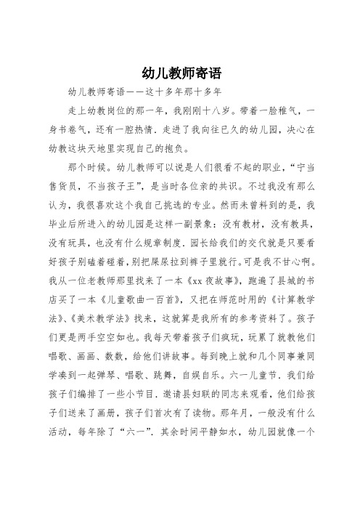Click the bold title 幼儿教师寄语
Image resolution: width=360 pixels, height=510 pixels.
[180, 73]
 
